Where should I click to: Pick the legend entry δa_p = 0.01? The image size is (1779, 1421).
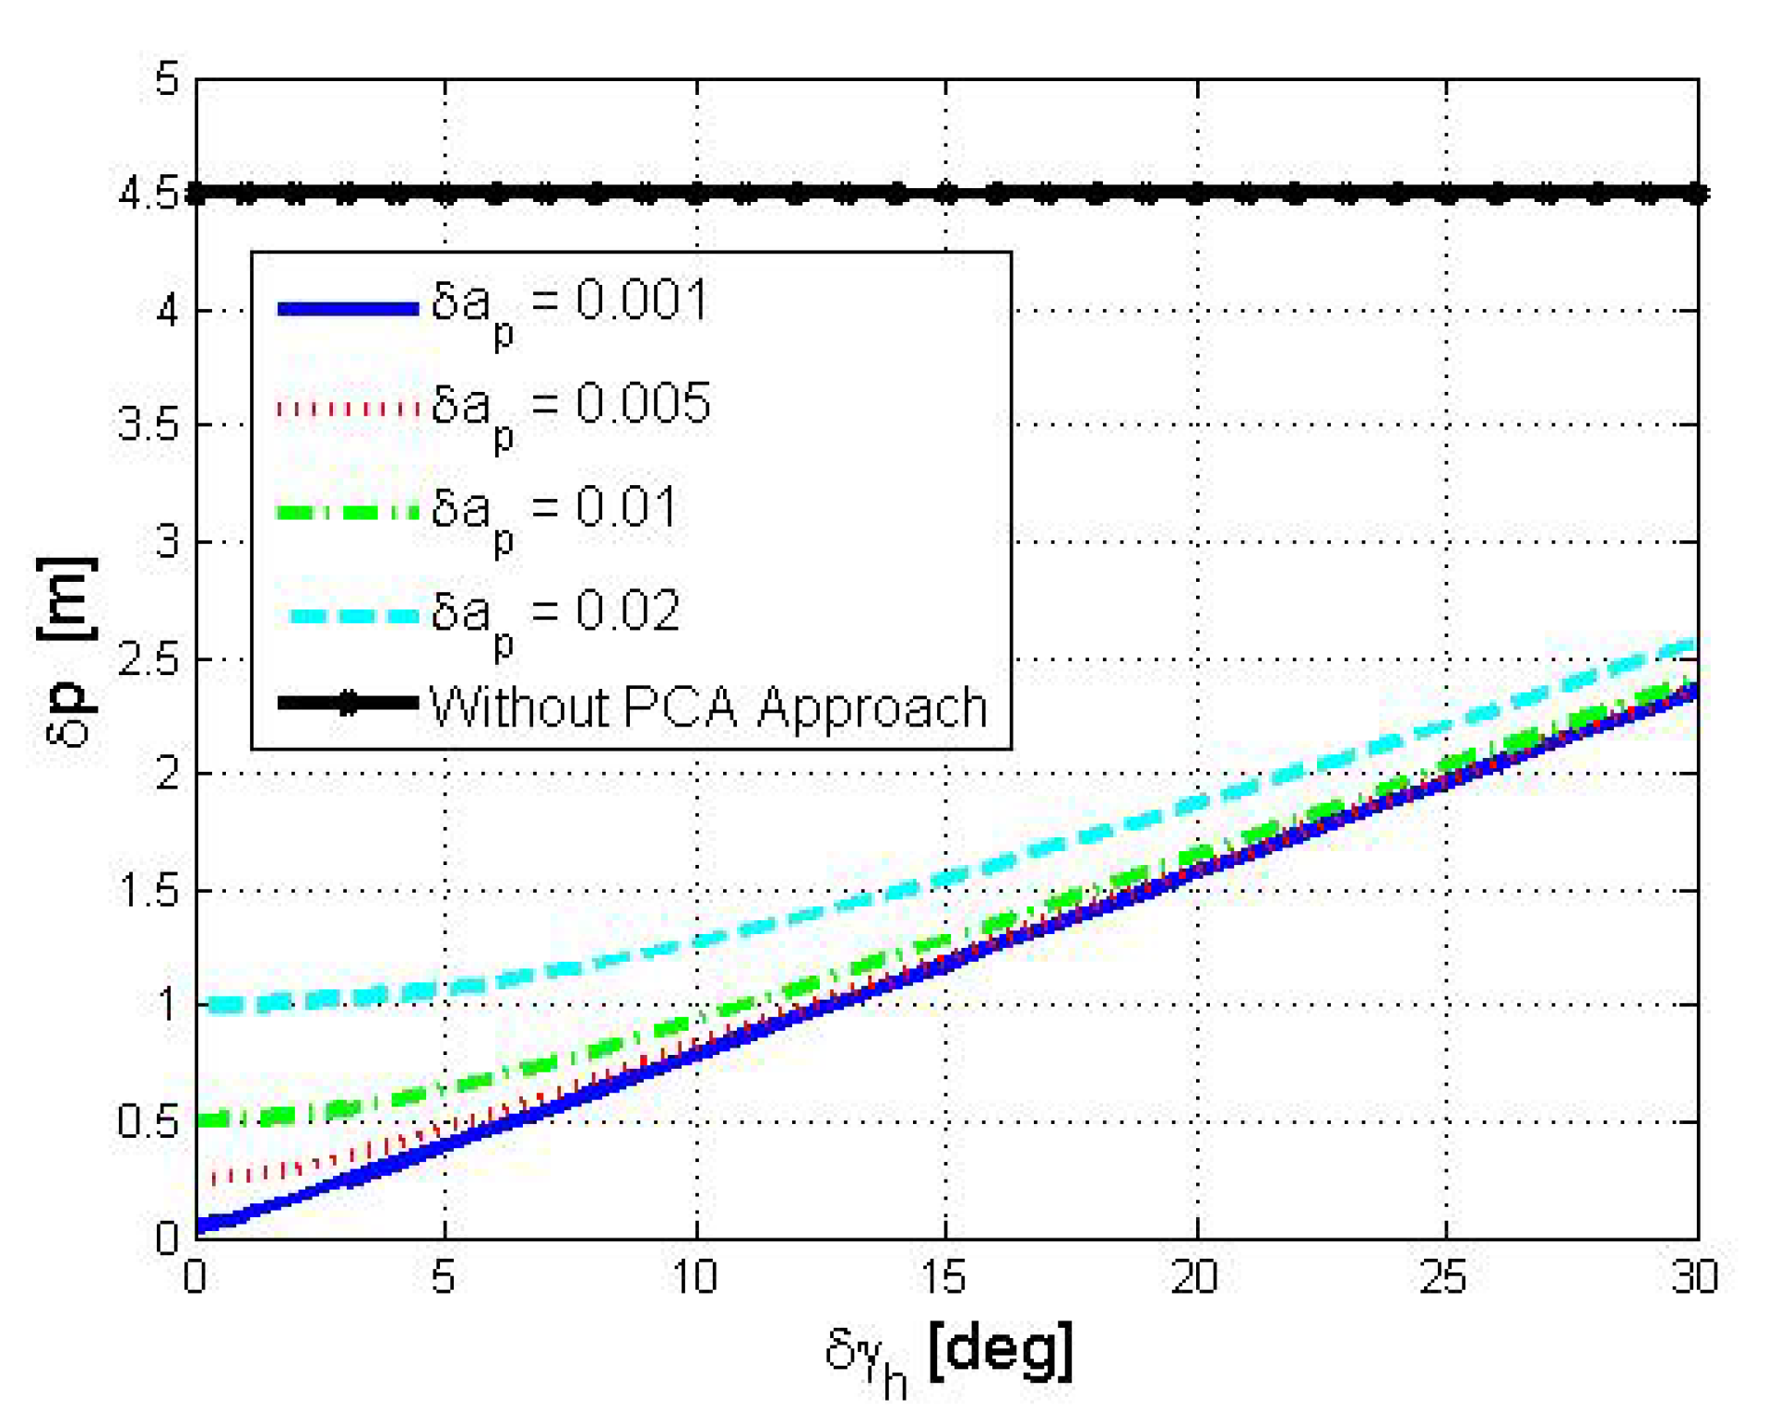pyautogui.click(x=553, y=511)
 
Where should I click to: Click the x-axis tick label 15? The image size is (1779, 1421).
pyautogui.click(x=943, y=1278)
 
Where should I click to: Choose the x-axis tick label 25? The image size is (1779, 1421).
pyautogui.click(x=1443, y=1278)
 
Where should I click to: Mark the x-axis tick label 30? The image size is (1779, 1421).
pyautogui.click(x=1695, y=1278)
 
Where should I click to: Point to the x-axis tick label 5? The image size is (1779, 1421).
pyautogui.click(x=444, y=1278)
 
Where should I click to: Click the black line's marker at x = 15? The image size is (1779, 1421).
pyautogui.click(x=945, y=195)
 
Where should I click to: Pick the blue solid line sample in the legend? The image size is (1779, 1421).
pyautogui.click(x=348, y=309)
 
